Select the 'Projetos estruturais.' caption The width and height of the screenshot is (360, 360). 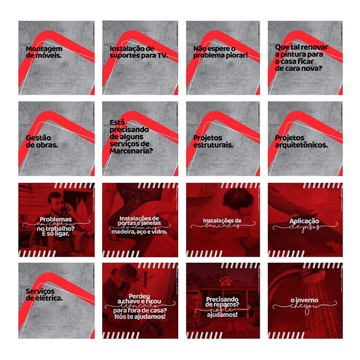[x=213, y=140]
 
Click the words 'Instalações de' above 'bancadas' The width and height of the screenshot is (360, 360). [x=222, y=221]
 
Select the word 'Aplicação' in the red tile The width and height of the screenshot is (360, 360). [x=305, y=221]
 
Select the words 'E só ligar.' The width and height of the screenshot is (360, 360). [x=56, y=234]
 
